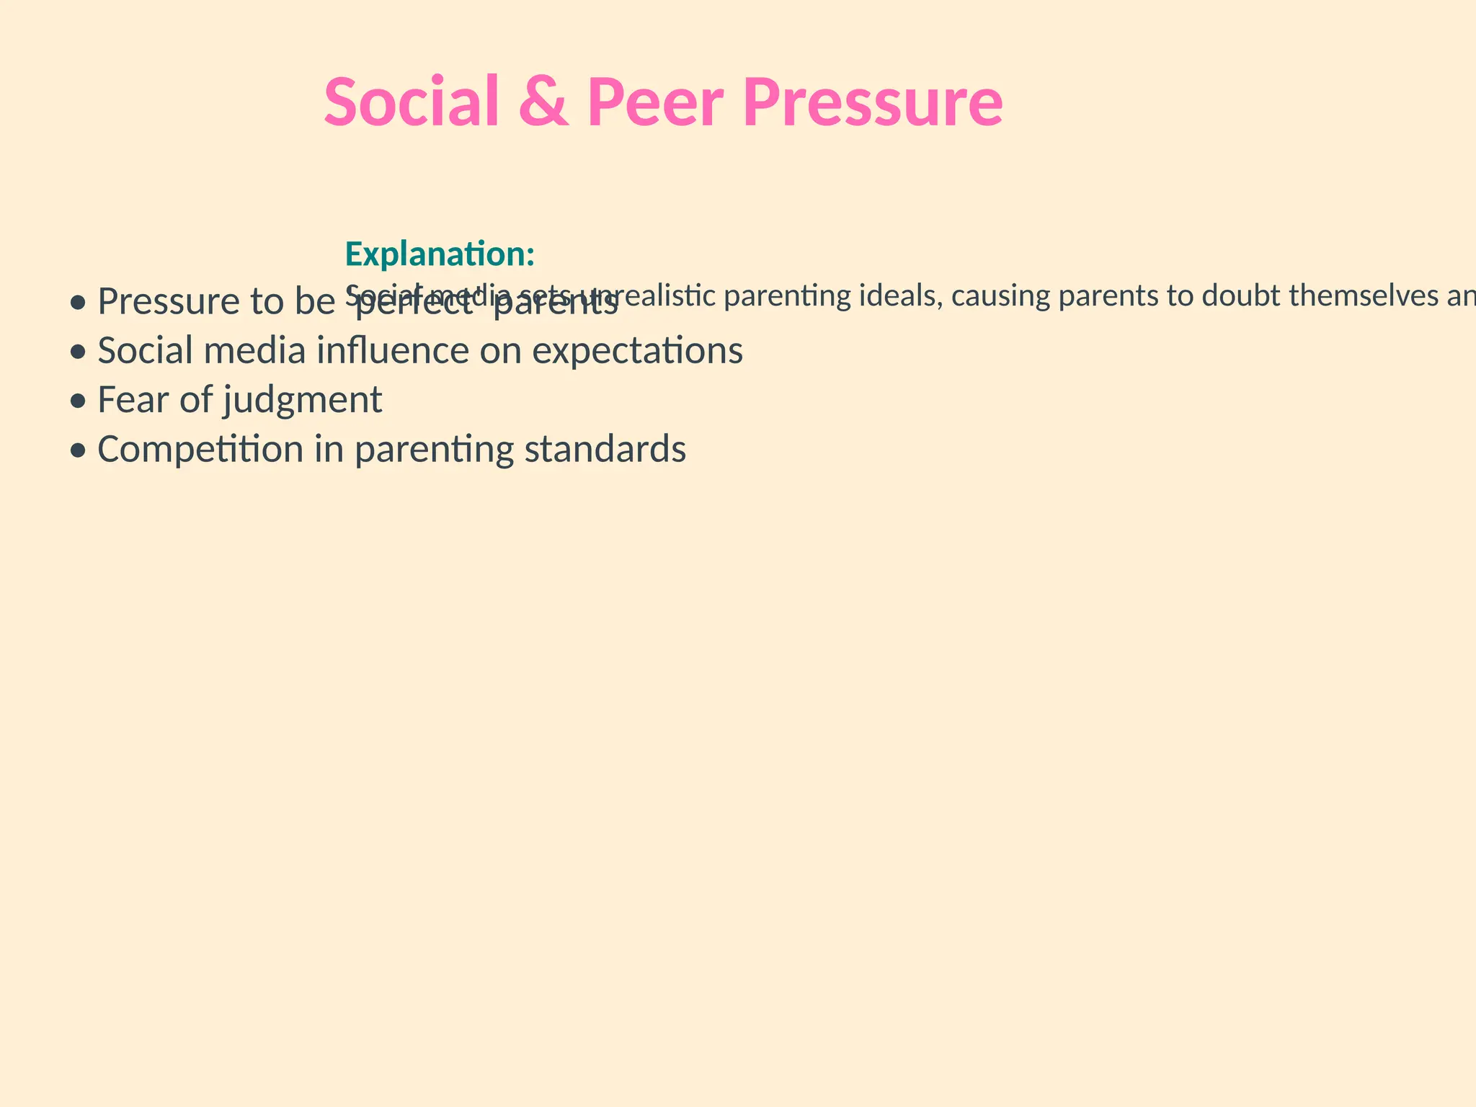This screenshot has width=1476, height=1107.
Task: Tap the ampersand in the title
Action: coord(543,102)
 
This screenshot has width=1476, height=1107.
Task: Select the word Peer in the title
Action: coord(655,102)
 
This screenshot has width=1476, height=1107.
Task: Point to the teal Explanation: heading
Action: coord(440,254)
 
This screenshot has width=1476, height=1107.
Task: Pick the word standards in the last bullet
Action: coord(605,449)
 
